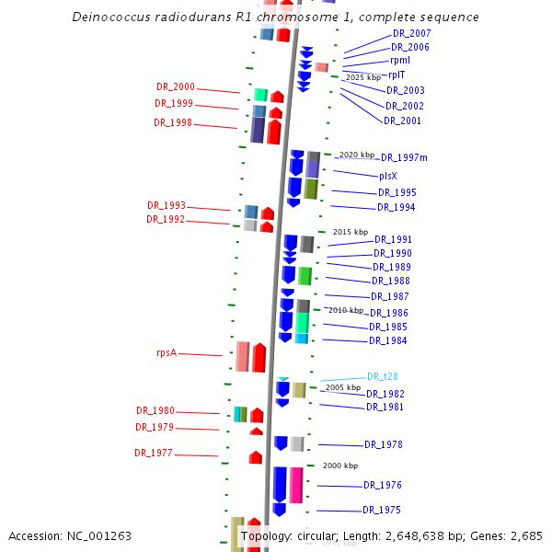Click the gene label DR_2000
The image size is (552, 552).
coord(176,86)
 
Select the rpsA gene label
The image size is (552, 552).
coord(167,352)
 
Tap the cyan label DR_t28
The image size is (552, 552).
coord(383,376)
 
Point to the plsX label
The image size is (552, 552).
coord(388,176)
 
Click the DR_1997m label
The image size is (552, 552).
coord(404,157)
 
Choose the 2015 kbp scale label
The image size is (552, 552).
coord(351,232)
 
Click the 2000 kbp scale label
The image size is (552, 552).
coord(340,466)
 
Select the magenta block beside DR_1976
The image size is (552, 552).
coord(296,485)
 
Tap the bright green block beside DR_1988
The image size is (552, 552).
coord(305,276)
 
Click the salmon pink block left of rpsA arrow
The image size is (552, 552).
coord(243,356)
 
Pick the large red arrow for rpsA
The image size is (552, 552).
coord(259,357)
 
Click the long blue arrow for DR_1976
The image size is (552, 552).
coord(280,485)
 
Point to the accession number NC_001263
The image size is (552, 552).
coord(99,536)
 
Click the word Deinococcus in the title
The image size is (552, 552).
coord(111,17)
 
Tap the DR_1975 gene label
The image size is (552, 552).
coord(382,510)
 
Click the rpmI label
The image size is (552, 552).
coord(400,61)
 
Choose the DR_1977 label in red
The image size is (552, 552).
coord(154,453)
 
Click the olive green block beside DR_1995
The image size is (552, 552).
coord(311,189)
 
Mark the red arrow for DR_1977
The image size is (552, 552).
coord(256,457)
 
